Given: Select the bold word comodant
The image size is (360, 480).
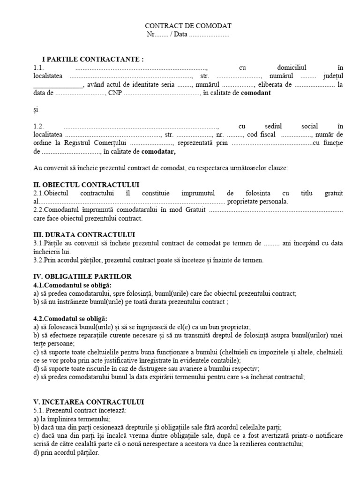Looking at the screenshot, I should pos(255,93).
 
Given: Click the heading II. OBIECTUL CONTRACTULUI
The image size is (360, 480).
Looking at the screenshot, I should pos(86,185).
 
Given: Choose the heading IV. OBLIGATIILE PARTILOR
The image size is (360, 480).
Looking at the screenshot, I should pos(82,277).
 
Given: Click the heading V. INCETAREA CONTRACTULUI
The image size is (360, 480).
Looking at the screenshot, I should pos(89,402).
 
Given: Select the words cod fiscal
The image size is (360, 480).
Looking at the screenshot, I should pos(262,135).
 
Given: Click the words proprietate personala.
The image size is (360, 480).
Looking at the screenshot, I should pos(257,202).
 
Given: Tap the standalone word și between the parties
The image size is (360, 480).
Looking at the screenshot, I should pos(36,110).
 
